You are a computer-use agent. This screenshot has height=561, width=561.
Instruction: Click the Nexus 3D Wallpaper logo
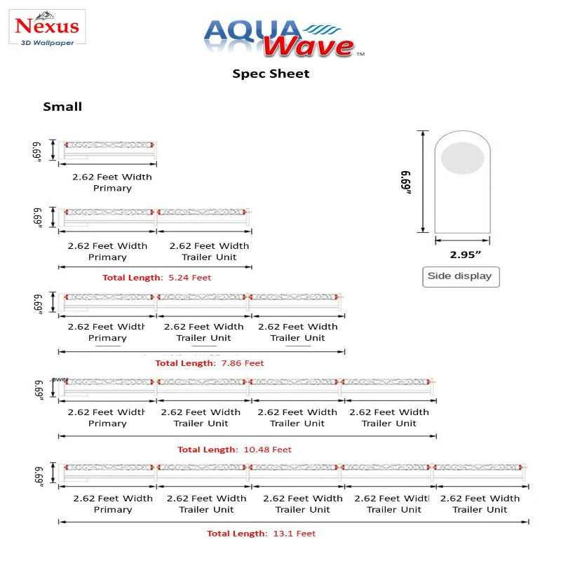(x=48, y=28)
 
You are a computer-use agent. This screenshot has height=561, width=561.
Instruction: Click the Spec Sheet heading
(x=271, y=74)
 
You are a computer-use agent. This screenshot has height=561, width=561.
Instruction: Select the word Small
(x=62, y=107)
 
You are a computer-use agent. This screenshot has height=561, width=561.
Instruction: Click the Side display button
(x=459, y=276)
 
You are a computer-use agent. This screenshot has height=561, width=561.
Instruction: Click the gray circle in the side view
(x=462, y=157)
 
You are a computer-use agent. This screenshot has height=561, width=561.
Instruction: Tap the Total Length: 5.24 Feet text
(x=156, y=278)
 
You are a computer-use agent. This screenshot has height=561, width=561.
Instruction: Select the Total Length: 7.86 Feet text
(x=209, y=363)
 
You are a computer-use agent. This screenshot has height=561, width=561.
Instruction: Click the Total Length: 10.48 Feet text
(x=234, y=450)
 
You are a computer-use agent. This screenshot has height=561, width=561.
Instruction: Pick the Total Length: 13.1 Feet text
(x=261, y=534)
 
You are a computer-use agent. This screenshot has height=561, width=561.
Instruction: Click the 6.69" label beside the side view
(x=406, y=182)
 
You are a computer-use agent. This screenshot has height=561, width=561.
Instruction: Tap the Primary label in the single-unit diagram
(x=112, y=189)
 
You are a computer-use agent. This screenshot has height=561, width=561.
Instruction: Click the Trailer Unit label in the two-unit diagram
(x=210, y=257)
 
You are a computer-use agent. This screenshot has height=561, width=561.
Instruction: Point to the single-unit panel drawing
(x=109, y=148)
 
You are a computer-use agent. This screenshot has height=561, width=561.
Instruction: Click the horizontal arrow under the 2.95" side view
(x=460, y=240)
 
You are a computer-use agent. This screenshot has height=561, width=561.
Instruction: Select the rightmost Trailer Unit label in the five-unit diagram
(x=480, y=510)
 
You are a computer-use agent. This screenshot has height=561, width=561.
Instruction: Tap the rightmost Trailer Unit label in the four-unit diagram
(x=388, y=424)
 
